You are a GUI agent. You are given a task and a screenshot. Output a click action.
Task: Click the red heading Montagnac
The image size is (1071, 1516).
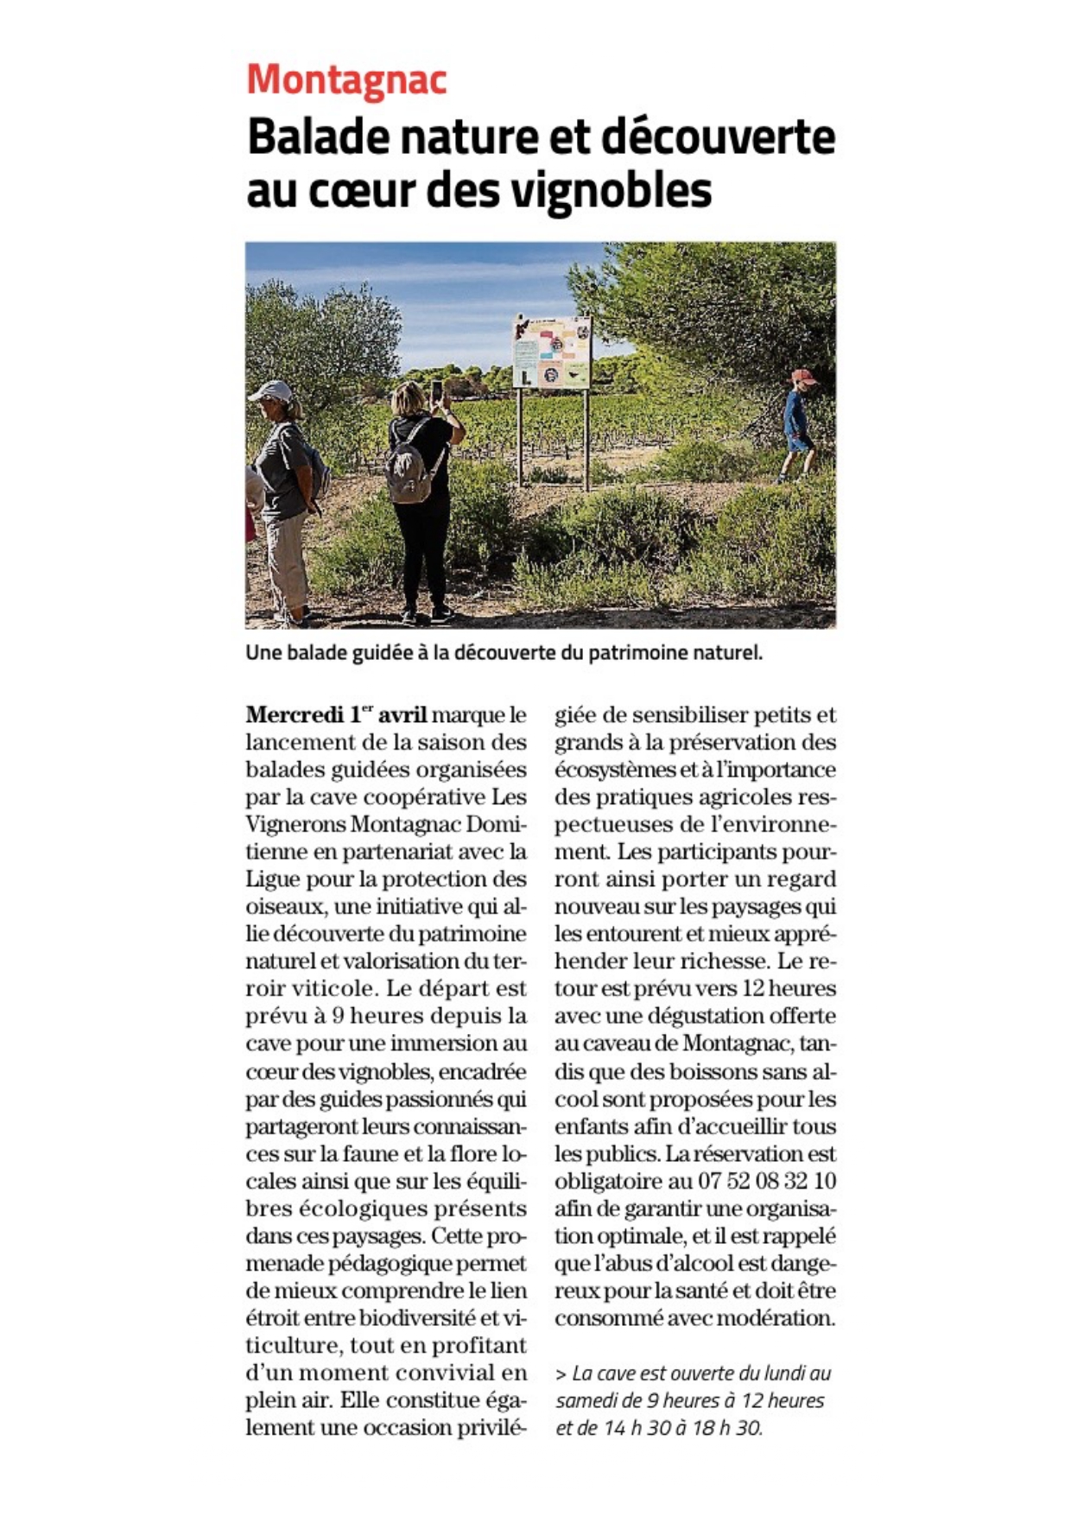tap(346, 80)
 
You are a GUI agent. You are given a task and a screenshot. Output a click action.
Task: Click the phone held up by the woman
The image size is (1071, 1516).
tap(436, 390)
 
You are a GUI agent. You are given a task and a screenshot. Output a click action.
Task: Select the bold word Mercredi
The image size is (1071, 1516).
tap(295, 715)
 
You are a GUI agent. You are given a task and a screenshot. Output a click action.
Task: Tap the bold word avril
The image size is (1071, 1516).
tap(402, 715)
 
